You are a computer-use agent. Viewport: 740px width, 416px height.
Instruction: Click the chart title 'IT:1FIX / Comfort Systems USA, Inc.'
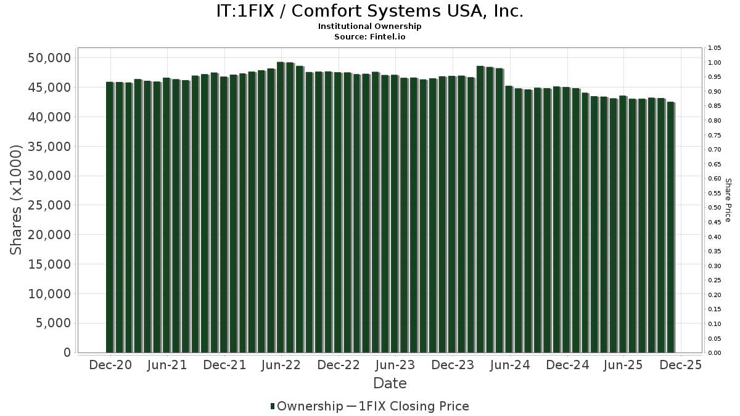tap(370, 12)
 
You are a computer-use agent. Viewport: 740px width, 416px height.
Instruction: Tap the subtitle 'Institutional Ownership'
tap(370, 27)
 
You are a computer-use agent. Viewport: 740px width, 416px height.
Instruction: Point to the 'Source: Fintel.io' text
tap(370, 37)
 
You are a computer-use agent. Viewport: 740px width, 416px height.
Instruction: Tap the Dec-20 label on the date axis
tap(110, 365)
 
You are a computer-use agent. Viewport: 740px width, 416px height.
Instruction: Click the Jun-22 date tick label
tap(281, 365)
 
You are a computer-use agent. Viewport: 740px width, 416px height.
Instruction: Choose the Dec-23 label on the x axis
tap(452, 365)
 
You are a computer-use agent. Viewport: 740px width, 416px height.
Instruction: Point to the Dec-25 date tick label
tap(680, 365)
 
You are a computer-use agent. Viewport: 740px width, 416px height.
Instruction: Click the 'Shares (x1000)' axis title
tap(17, 200)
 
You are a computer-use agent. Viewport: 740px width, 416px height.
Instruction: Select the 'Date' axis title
tap(390, 383)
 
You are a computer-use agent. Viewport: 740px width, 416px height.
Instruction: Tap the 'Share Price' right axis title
tap(728, 200)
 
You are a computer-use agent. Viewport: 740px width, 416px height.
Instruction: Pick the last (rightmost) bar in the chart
tap(670, 227)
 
